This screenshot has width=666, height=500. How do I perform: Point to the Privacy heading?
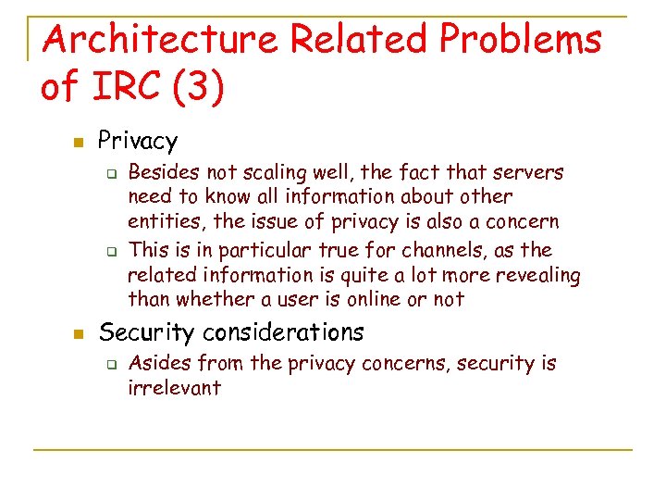[137, 141]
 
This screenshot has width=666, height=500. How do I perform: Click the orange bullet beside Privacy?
[79, 142]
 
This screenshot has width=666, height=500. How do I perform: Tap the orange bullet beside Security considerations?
[79, 331]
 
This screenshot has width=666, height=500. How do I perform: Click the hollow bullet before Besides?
[109, 172]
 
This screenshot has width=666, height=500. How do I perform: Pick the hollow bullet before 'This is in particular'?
[109, 251]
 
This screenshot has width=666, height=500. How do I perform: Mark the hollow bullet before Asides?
[109, 364]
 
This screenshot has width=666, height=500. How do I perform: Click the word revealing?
[540, 275]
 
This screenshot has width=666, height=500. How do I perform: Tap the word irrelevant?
[175, 387]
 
